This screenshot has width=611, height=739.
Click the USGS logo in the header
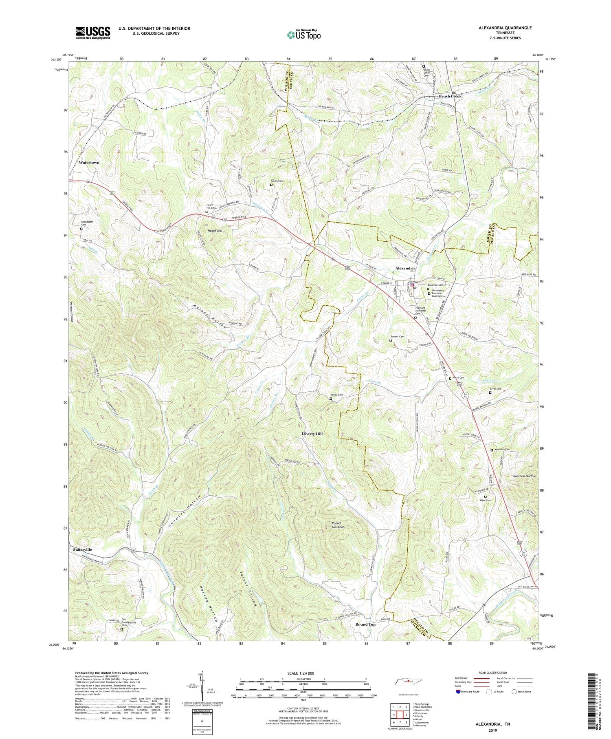pyautogui.click(x=93, y=32)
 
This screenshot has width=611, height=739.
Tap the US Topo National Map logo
pyautogui.click(x=303, y=35)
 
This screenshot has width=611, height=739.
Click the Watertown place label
pyautogui.click(x=89, y=163)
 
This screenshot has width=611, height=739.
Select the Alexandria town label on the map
pyautogui.click(x=405, y=268)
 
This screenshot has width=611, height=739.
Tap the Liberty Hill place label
pyautogui.click(x=312, y=434)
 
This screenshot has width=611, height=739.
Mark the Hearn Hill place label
pyautogui.click(x=215, y=231)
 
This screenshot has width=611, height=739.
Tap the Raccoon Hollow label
pyautogui.click(x=524, y=476)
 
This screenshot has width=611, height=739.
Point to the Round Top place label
pyautogui.click(x=365, y=624)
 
